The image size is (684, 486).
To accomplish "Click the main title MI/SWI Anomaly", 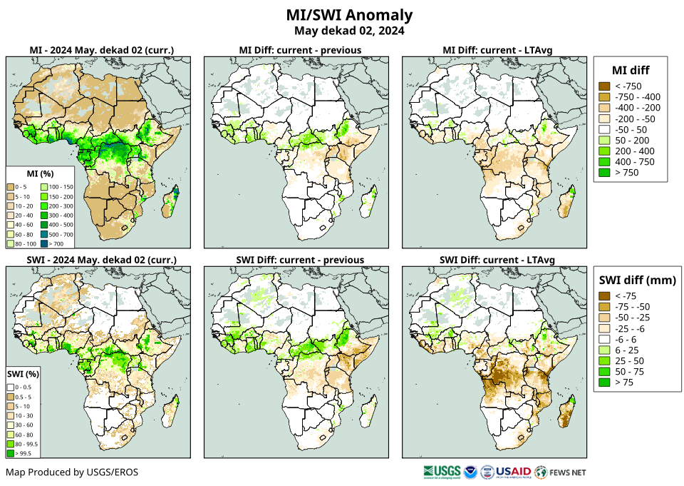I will [349, 15].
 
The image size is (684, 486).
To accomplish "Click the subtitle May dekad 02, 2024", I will [349, 31].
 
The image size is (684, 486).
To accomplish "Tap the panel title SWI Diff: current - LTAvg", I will [497, 259].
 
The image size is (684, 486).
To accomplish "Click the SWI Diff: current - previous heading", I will [299, 259].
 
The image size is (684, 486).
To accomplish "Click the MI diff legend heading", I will [631, 69].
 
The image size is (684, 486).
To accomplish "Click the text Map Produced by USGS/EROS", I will [72, 472].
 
